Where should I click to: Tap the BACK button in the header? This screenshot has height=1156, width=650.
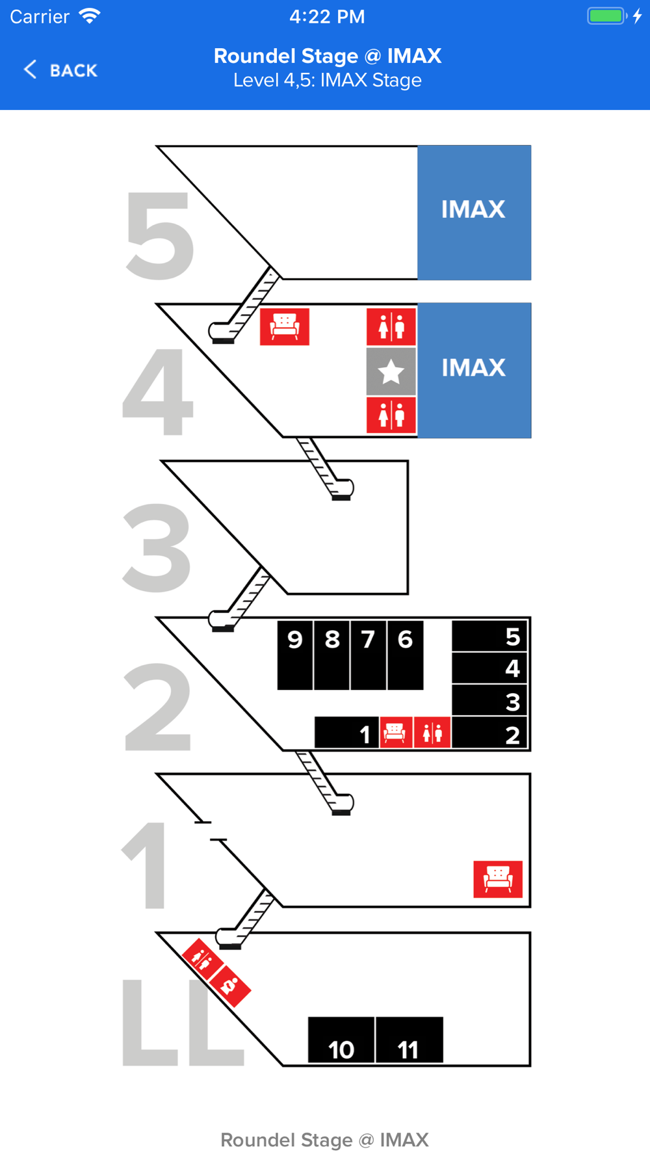click(x=60, y=70)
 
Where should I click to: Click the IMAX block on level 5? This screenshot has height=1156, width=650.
click(x=474, y=213)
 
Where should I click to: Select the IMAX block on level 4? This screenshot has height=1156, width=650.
click(x=474, y=370)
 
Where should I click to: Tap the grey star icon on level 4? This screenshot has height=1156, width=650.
click(x=391, y=372)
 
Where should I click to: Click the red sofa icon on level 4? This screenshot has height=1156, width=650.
click(x=285, y=326)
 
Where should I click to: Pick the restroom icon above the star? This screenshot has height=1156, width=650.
click(x=391, y=326)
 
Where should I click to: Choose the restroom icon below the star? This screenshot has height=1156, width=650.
click(x=391, y=415)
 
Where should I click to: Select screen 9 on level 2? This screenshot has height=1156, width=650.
click(x=295, y=654)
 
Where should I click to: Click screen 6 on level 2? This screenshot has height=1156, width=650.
click(x=405, y=654)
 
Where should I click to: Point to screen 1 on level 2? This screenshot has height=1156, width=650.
click(x=346, y=733)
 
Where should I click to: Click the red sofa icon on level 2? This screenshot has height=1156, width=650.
click(x=396, y=733)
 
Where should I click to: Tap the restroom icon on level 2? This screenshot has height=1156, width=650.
click(x=432, y=733)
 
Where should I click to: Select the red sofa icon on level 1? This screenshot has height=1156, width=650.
click(x=498, y=879)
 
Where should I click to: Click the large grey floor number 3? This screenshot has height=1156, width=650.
click(x=157, y=547)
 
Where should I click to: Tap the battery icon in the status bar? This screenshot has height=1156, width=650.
click(x=607, y=16)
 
